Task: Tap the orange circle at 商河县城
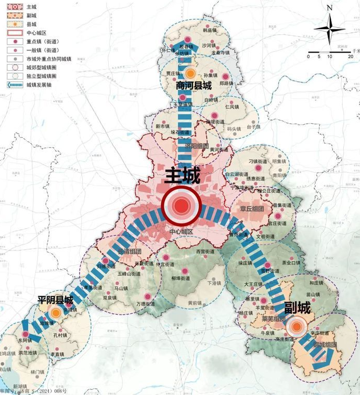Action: (191, 74)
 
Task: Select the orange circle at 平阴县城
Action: (56, 313)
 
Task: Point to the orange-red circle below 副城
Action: (297, 327)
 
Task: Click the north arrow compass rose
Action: (329, 28)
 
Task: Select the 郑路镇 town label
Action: (227, 82)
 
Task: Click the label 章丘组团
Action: (252, 208)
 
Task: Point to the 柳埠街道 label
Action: (181, 278)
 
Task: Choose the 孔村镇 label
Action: (60, 336)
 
